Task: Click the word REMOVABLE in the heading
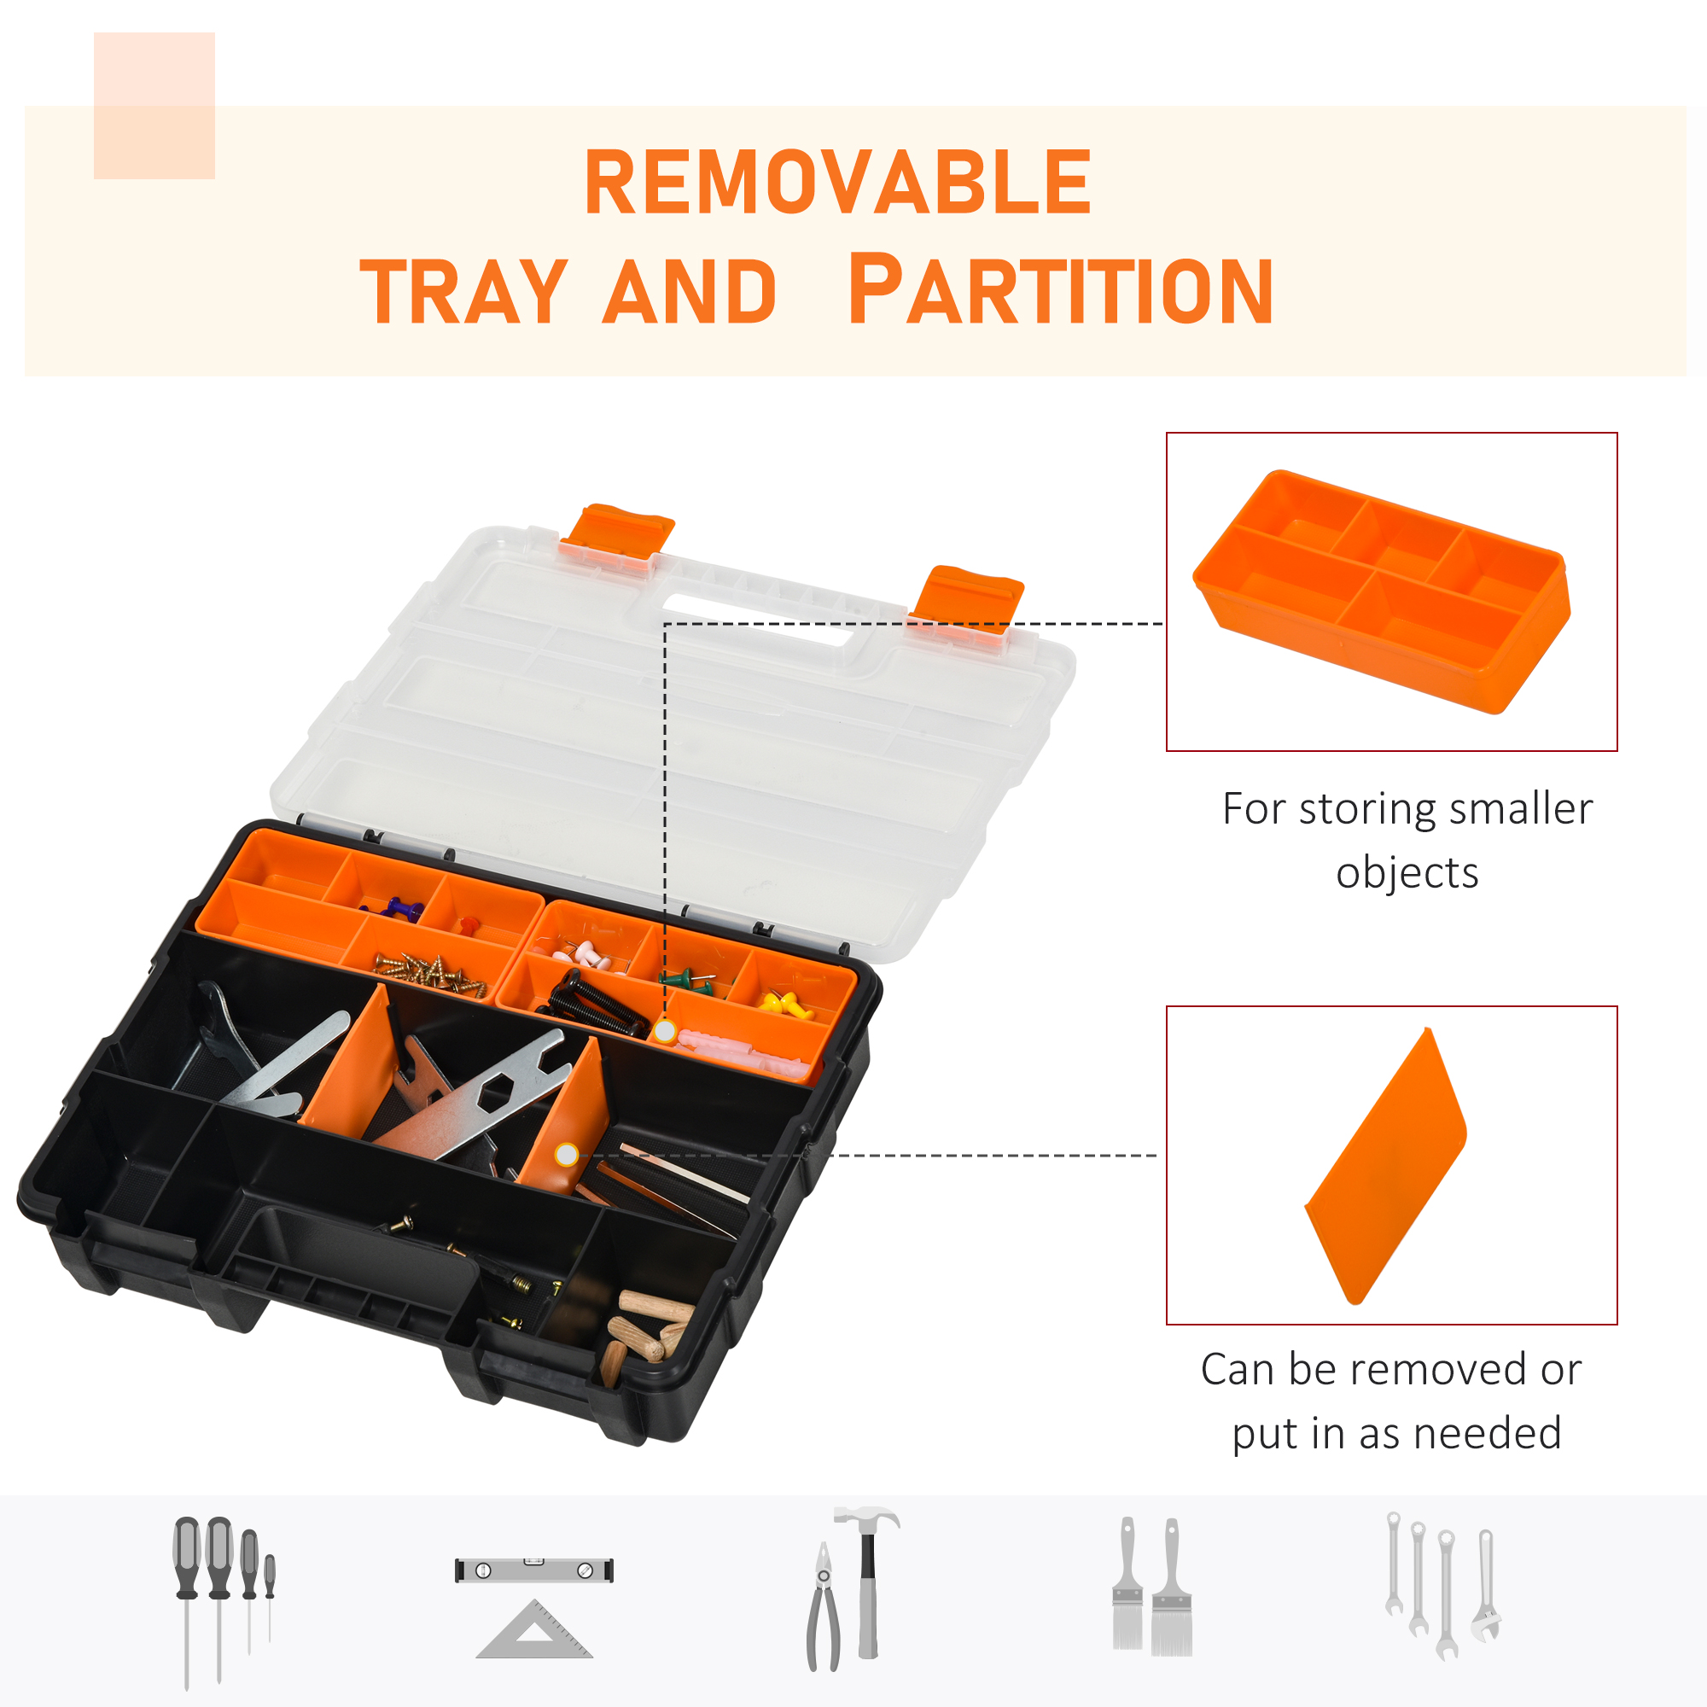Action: click(837, 182)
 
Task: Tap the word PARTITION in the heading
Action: click(1059, 290)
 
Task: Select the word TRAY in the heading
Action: click(463, 292)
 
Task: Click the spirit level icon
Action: click(533, 1570)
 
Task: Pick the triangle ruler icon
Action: click(534, 1631)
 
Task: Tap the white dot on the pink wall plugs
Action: click(666, 1031)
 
